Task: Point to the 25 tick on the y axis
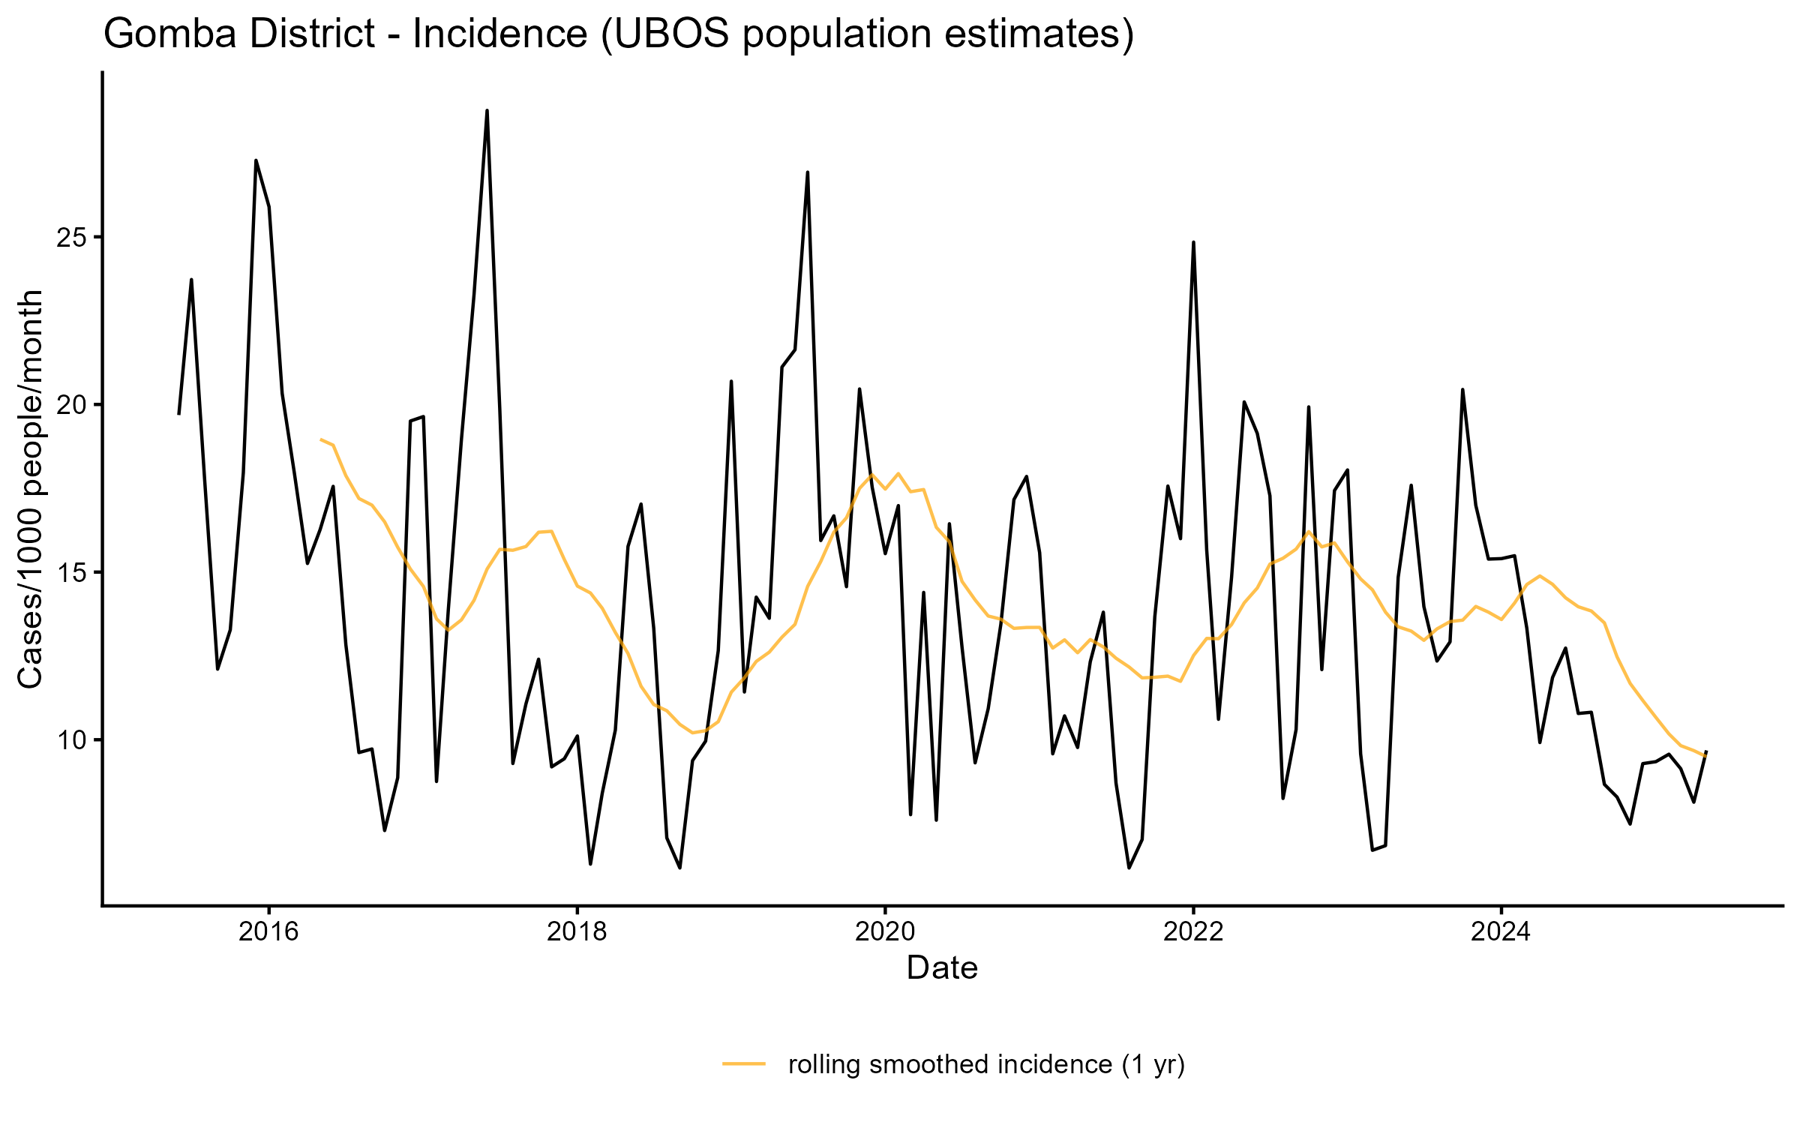(69, 238)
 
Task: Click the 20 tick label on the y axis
(69, 405)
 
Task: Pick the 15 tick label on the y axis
(69, 573)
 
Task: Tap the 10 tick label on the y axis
(69, 740)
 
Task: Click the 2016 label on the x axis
(268, 931)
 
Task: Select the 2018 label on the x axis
(577, 931)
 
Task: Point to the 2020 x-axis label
(885, 931)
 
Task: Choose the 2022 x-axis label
(1193, 931)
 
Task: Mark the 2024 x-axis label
(1501, 931)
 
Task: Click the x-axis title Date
(942, 968)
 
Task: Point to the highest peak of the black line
(487, 111)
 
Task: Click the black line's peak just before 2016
(256, 160)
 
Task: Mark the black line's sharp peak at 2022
(1193, 242)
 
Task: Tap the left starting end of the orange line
(321, 439)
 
